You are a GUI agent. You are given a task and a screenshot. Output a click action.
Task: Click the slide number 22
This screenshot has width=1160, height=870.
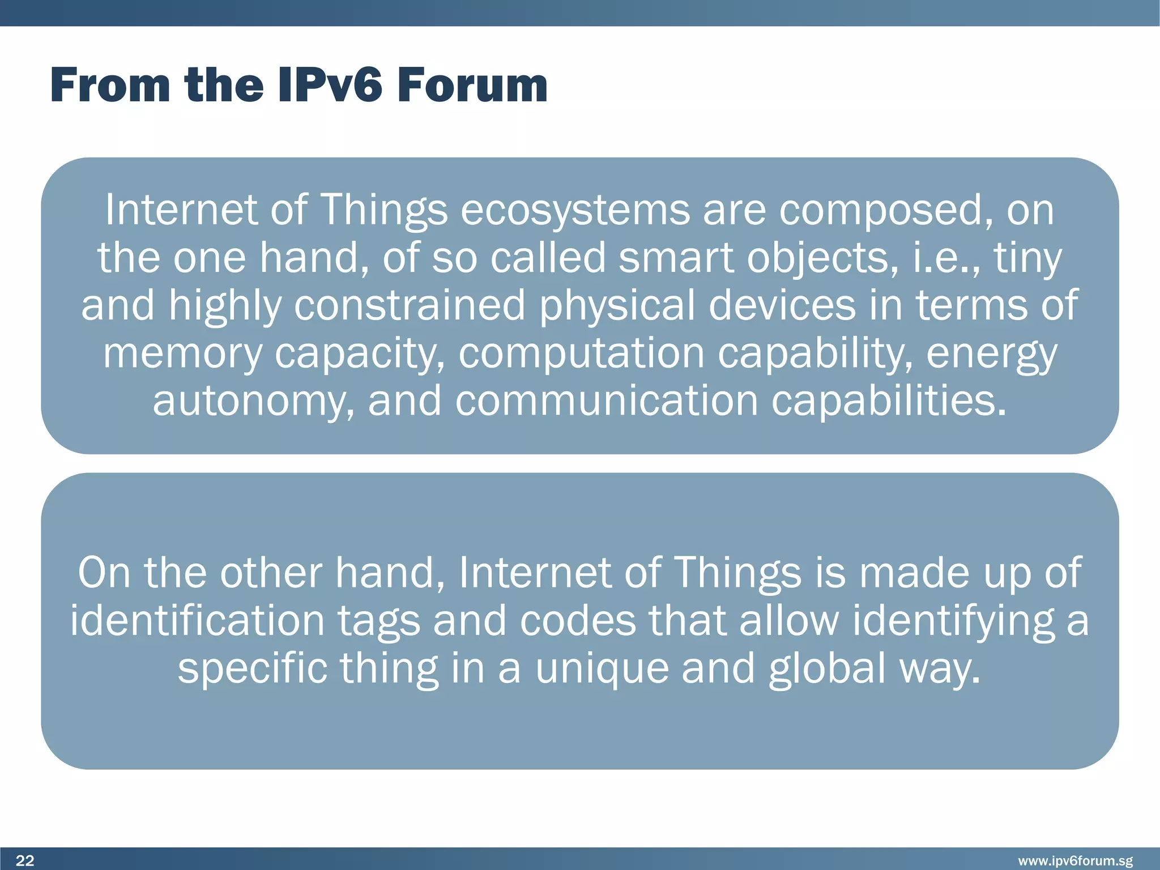(x=25, y=861)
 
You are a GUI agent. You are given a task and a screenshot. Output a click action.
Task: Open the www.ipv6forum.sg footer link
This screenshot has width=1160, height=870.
(x=1075, y=861)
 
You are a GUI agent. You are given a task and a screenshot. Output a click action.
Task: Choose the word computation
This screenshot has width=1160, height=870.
(x=582, y=353)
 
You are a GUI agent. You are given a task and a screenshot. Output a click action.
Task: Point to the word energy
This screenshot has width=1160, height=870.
(x=991, y=353)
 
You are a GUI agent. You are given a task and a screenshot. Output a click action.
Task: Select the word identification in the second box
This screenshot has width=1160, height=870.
(x=197, y=621)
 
